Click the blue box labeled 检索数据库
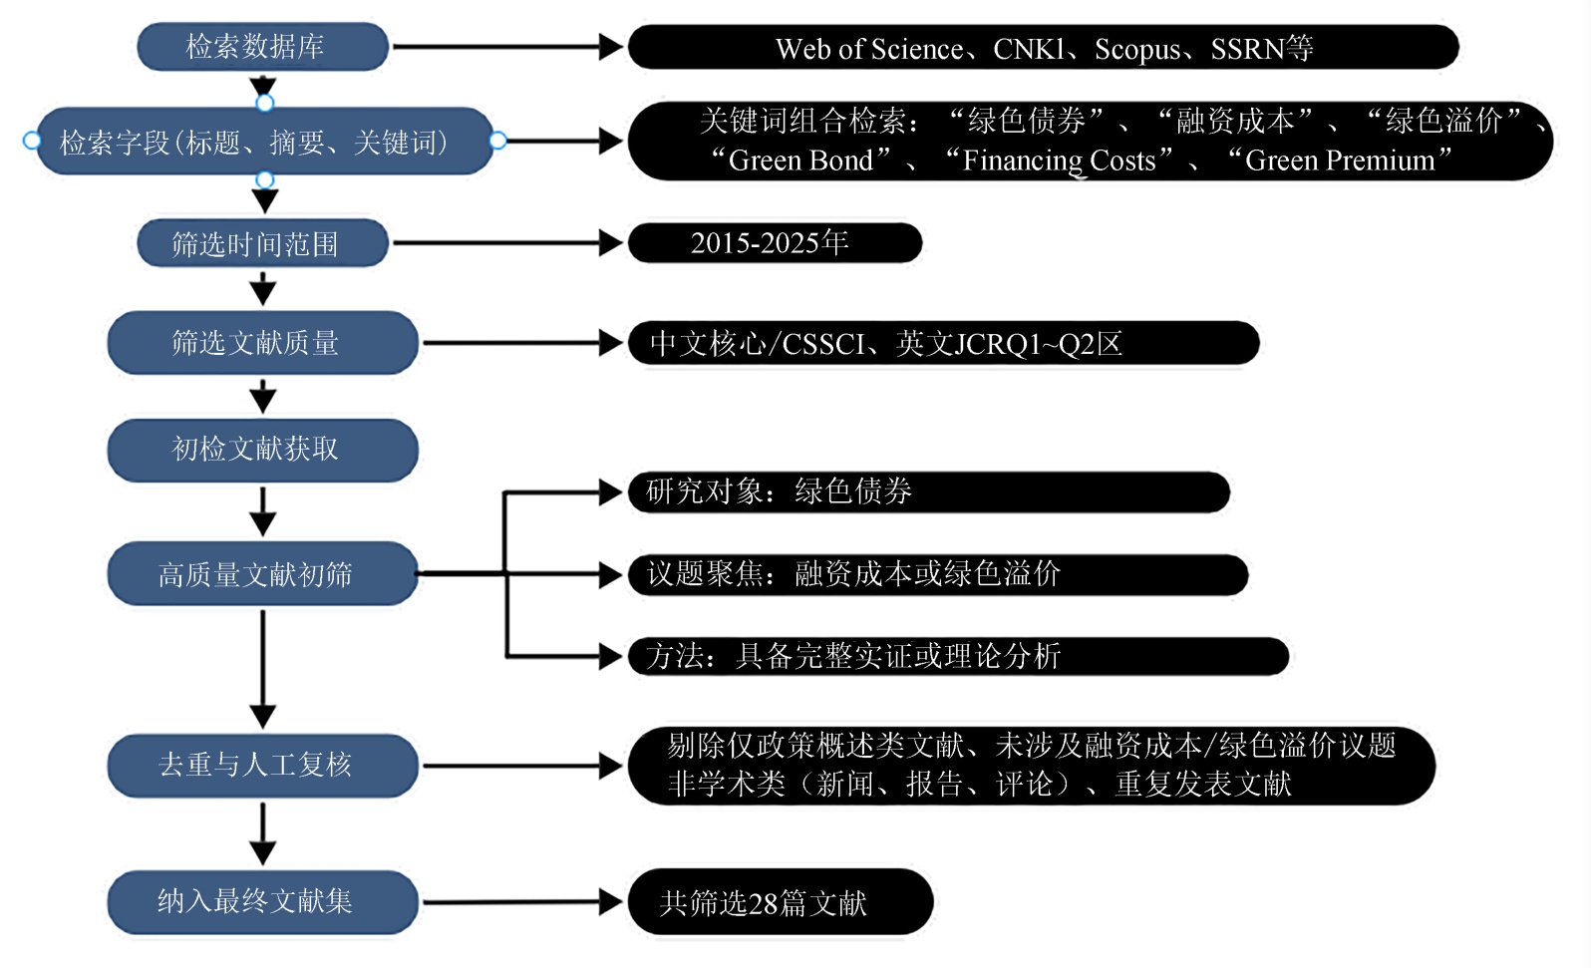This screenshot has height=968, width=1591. pyautogui.click(x=261, y=47)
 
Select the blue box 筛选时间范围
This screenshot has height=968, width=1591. pyautogui.click(x=261, y=243)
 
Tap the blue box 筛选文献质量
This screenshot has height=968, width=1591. pyautogui.click(x=261, y=343)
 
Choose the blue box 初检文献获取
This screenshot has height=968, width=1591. pyautogui.click(x=261, y=450)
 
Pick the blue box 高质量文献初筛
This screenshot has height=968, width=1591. pyautogui.click(x=261, y=574)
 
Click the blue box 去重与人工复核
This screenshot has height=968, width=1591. pyautogui.click(x=261, y=765)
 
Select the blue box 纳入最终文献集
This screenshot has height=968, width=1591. pyautogui.click(x=261, y=901)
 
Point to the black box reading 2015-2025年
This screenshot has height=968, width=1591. pyautogui.click(x=774, y=243)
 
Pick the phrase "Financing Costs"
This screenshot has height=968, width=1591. pyautogui.click(x=1059, y=161)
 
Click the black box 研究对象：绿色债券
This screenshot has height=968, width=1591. pyautogui.click(x=927, y=491)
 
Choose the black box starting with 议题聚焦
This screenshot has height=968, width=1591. pyautogui.click(x=937, y=574)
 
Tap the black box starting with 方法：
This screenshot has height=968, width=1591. pyautogui.click(x=957, y=656)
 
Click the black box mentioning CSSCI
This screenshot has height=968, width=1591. pyautogui.click(x=942, y=344)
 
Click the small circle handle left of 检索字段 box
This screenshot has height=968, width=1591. pyautogui.click(x=31, y=141)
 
